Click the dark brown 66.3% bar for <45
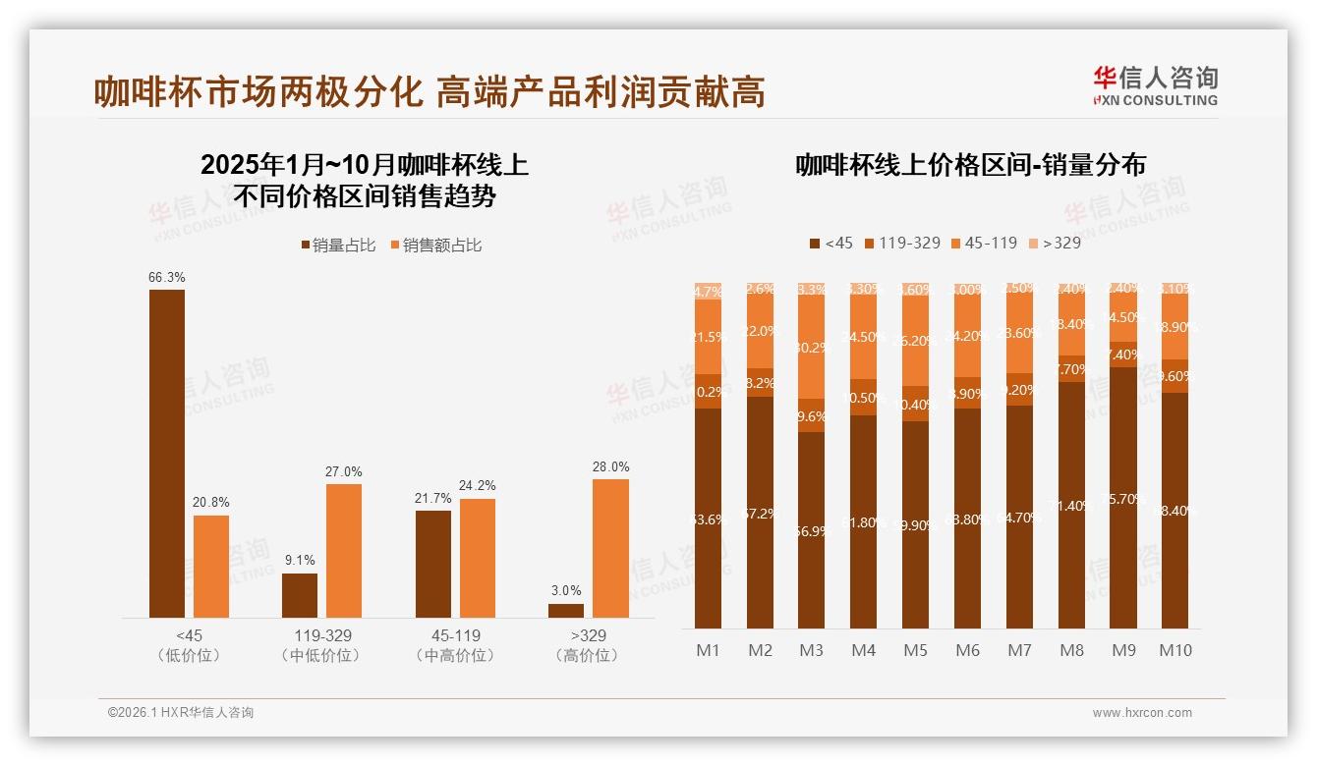(x=167, y=453)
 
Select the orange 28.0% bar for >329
(x=610, y=548)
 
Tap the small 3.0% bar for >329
(x=566, y=611)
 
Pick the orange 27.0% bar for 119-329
(x=344, y=550)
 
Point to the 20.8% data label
(x=211, y=503)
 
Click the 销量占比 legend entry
(x=338, y=246)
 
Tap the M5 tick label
(x=915, y=650)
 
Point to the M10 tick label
(x=1175, y=650)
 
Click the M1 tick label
(x=708, y=650)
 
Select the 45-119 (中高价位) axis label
(x=455, y=645)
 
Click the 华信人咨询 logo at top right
(x=1156, y=85)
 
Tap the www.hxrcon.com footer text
(x=1142, y=713)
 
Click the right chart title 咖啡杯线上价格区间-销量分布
(x=971, y=165)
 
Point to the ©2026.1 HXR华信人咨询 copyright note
(x=181, y=713)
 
